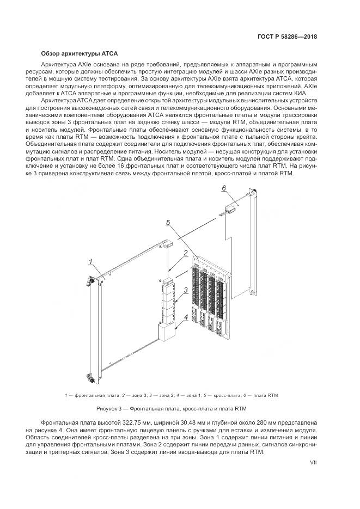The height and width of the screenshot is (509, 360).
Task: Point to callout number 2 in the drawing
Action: pyautogui.click(x=186, y=253)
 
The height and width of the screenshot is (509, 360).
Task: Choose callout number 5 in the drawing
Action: pyautogui.click(x=168, y=222)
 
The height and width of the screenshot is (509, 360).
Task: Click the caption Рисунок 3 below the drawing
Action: pyautogui.click(x=179, y=408)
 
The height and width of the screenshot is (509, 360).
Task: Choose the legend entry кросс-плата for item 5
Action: pyautogui.click(x=234, y=395)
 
